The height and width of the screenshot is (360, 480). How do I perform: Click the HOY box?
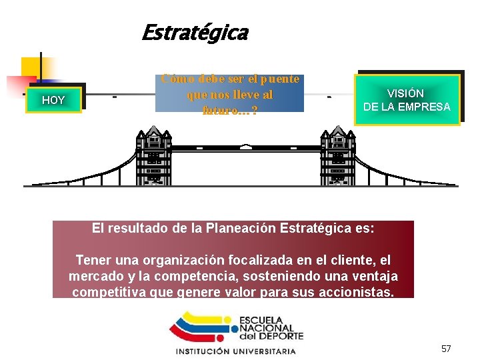pyautogui.click(x=53, y=100)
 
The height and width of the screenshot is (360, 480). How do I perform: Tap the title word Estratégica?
pyautogui.click(x=195, y=32)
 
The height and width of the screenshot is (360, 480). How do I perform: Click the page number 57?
pyautogui.click(x=446, y=349)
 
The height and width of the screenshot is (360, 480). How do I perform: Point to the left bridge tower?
pyautogui.click(x=154, y=157)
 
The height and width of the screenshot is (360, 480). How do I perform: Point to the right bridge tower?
pyautogui.click(x=338, y=157)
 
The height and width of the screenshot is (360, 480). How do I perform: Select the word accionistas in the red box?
pyautogui.click(x=361, y=291)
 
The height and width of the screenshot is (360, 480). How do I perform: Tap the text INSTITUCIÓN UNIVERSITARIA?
pyautogui.click(x=235, y=351)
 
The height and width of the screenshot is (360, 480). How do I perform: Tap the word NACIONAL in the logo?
pyautogui.click(x=266, y=328)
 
